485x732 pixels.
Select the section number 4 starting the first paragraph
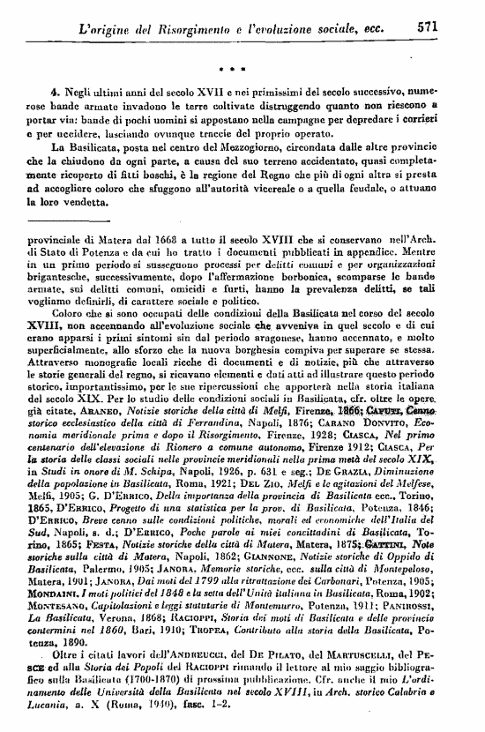coord(55,91)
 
